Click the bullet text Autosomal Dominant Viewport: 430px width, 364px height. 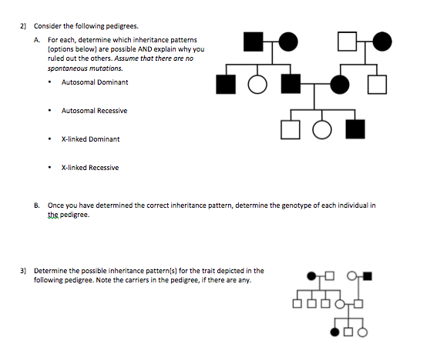pyautogui.click(x=94, y=82)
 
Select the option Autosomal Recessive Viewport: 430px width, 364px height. pyautogui.click(x=94, y=110)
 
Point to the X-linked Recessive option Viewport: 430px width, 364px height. pyautogui.click(x=90, y=168)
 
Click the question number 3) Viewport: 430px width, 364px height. pyautogui.click(x=24, y=271)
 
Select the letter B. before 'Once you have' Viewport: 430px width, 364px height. pyautogui.click(x=37, y=206)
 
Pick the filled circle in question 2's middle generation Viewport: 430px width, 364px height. pyautogui.click(x=338, y=83)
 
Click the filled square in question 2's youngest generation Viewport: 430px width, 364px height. pyautogui.click(x=354, y=128)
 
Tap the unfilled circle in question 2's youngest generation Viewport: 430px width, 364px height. pyautogui.click(x=321, y=128)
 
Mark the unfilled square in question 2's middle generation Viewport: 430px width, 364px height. pyautogui.click(x=378, y=83)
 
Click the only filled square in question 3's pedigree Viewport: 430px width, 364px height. pyautogui.click(x=368, y=275)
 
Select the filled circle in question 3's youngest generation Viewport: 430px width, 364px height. pyautogui.click(x=335, y=332)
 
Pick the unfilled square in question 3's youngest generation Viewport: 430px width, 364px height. pyautogui.click(x=349, y=332)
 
